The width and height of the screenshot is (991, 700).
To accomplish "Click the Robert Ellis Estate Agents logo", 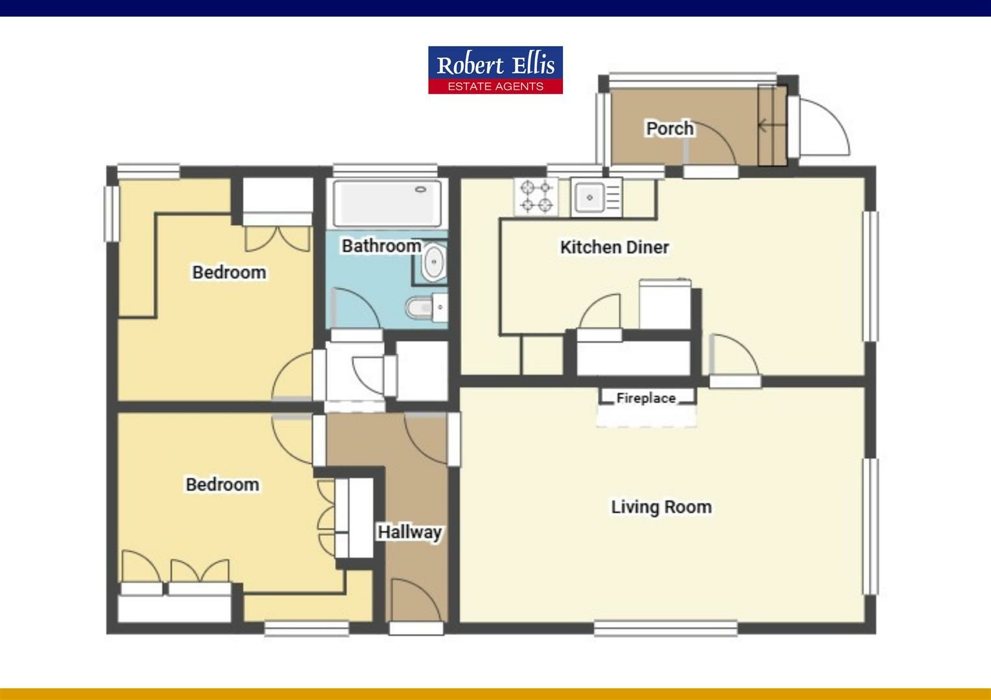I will pos(495,69).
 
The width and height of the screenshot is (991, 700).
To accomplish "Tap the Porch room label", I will pos(669,128).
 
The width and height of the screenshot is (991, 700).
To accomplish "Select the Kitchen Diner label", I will pos(614,247).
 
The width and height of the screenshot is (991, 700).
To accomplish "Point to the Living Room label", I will pos(661,507).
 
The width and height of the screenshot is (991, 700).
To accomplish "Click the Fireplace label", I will pos(645,398).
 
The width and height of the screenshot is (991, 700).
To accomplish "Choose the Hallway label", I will pos(410,532).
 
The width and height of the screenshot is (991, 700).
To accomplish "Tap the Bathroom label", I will pos(381,246).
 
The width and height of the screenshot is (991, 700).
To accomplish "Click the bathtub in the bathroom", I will pos(387,204).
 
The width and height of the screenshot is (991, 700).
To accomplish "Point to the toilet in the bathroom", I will pos(422,307).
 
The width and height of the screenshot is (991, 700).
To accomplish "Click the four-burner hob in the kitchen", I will pos(536,196).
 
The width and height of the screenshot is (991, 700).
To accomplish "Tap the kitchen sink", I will pos(590,196).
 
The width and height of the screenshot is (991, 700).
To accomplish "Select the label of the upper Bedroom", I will pos(229,272).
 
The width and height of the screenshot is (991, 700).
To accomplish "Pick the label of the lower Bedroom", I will pos(222,484).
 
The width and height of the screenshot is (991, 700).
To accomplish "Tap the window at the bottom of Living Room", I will pos(665,628).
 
